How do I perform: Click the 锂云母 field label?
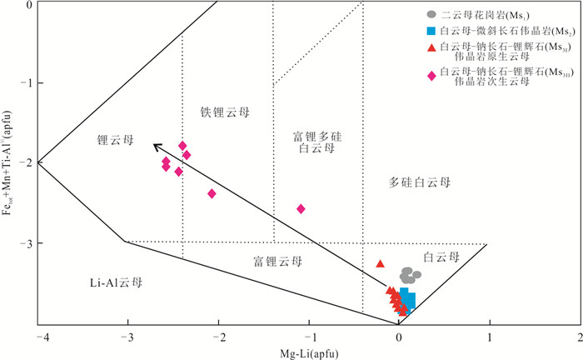(x=114, y=142)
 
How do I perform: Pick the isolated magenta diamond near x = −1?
(x=301, y=208)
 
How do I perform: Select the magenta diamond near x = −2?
(x=212, y=193)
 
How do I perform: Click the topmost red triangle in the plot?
(x=381, y=263)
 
